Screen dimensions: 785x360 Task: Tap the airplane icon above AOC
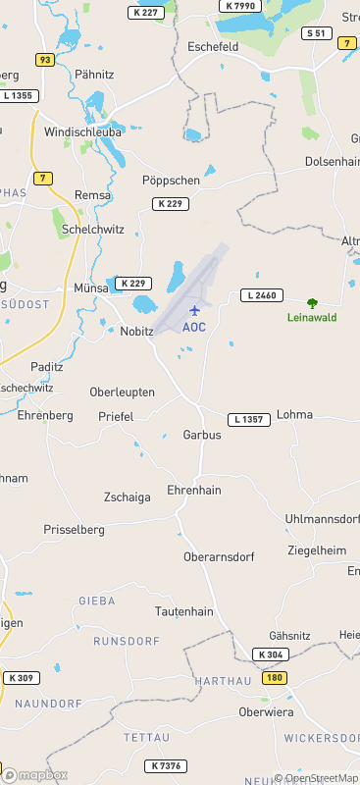(193, 310)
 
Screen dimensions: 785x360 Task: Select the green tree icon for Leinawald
(313, 303)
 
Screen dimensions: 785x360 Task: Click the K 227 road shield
(145, 12)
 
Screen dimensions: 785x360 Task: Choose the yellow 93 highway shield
(44, 60)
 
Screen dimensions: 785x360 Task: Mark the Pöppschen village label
(171, 181)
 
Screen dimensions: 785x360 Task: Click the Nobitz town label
(136, 332)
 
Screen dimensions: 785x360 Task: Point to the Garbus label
(202, 435)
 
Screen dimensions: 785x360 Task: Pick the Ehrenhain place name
(194, 490)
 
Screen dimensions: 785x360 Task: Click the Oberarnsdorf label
(219, 556)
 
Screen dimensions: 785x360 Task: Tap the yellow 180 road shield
(275, 678)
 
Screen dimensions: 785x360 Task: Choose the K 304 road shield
(271, 654)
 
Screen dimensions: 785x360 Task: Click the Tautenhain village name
(183, 611)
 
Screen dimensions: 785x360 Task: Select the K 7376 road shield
(166, 765)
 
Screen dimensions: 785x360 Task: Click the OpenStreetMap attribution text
(316, 778)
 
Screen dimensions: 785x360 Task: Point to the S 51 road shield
(315, 33)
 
